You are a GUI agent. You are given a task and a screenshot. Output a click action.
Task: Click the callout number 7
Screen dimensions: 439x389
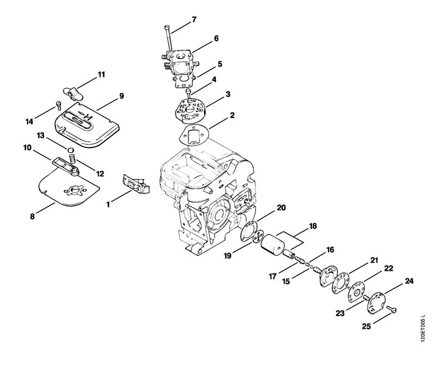click(x=194, y=20)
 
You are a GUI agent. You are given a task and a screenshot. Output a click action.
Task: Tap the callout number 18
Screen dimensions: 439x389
click(x=313, y=226)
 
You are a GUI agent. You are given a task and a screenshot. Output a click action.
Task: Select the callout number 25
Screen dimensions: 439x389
click(x=366, y=326)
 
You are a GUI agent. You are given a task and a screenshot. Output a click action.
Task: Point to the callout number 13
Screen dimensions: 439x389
click(x=41, y=136)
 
